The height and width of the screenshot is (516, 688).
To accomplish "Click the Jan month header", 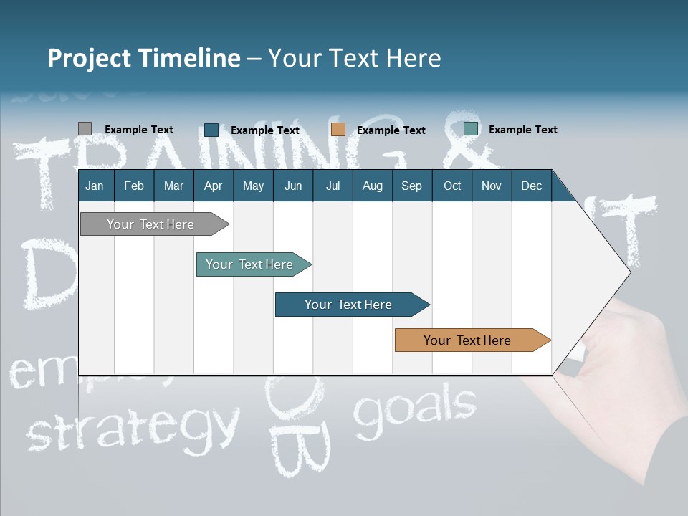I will [x=95, y=186].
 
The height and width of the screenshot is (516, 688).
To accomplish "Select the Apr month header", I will [x=213, y=186].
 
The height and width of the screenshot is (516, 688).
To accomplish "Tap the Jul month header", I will [x=333, y=186].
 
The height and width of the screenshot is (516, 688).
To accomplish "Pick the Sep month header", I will [x=411, y=186].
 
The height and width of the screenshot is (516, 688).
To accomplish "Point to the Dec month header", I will [x=531, y=186].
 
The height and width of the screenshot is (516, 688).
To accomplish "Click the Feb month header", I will [x=134, y=186].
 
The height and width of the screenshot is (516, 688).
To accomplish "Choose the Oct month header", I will [x=452, y=186].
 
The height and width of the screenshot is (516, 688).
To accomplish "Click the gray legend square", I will [x=85, y=129].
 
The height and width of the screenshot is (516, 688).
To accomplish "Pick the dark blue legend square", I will [x=211, y=130].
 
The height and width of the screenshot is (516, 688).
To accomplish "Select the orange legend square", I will [x=338, y=130].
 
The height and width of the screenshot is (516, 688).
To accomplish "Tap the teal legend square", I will [x=471, y=129].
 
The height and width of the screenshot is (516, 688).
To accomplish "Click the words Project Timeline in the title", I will [x=143, y=57].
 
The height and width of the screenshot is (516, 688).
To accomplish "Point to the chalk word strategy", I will [x=133, y=426].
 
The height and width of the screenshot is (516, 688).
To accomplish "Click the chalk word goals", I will [x=416, y=408].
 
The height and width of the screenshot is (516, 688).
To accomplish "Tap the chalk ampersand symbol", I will [x=466, y=136].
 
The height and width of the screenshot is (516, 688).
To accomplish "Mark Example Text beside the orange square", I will [x=391, y=130].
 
